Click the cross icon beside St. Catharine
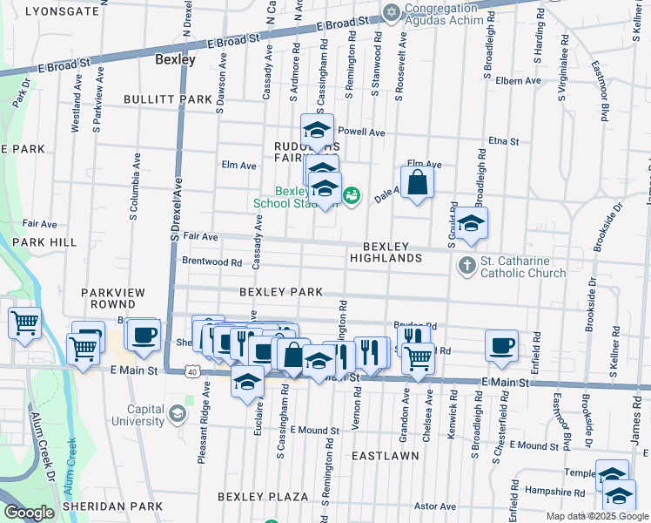point(466,265)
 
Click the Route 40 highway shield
point(191,371)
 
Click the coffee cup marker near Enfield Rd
point(501,344)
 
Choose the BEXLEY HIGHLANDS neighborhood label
point(386,252)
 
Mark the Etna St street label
point(503,140)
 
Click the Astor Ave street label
point(435,506)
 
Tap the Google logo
point(28,513)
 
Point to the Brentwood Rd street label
point(211,261)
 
